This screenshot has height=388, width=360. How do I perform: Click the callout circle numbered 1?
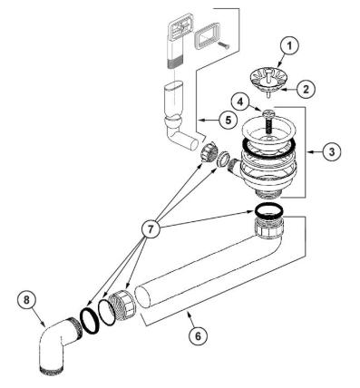(289, 46)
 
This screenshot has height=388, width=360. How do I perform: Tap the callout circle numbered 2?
(306, 89)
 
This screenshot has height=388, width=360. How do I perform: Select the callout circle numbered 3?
(332, 151)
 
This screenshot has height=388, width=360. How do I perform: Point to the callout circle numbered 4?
(239, 102)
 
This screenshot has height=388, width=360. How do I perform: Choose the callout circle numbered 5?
(228, 121)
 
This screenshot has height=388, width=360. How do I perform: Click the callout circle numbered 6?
(198, 335)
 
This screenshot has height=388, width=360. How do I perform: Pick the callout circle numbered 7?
(151, 229)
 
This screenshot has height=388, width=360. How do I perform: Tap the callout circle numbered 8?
(26, 300)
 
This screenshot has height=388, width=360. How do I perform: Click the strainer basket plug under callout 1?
(268, 79)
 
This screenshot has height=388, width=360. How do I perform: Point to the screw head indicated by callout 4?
(268, 114)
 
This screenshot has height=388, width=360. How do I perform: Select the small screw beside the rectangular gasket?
(223, 44)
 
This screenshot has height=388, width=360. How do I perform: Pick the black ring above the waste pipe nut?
(268, 210)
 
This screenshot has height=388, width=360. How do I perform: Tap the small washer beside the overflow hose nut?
(223, 159)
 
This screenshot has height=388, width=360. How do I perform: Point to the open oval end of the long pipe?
(142, 297)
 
